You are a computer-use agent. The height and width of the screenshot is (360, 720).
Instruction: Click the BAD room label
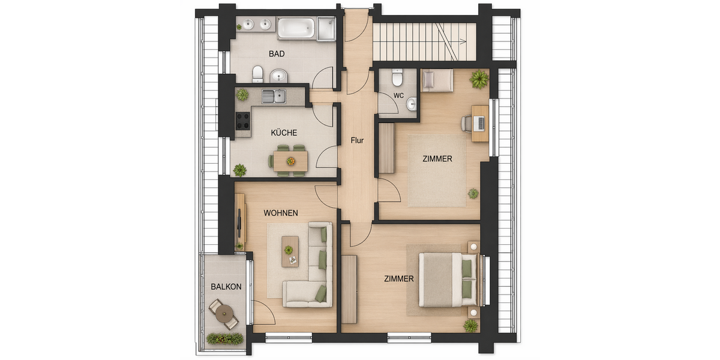tap(277, 53)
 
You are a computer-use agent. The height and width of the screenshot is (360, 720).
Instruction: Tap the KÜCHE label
tap(284, 133)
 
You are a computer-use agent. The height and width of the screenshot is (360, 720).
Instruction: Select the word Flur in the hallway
tap(358, 141)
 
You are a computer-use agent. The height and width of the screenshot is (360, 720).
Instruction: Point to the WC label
tap(398, 95)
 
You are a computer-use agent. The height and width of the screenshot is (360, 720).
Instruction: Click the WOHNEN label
tap(281, 213)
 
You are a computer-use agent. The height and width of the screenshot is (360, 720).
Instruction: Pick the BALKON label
tap(226, 287)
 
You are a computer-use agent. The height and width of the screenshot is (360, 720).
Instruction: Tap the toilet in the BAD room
tap(258, 74)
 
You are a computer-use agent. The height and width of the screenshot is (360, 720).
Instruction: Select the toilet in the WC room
tap(397, 78)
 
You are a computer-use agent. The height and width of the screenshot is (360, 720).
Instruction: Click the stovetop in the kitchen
tap(242, 121)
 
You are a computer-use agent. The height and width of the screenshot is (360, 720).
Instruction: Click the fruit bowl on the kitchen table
tap(291, 161)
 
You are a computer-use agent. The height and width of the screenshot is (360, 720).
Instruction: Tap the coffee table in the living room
tap(290, 251)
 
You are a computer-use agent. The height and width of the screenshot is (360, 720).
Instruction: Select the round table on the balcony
tap(224, 312)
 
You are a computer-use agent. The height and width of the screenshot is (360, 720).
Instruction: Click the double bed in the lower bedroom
tap(447, 280)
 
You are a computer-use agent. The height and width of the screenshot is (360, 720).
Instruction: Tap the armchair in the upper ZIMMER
tap(437, 80)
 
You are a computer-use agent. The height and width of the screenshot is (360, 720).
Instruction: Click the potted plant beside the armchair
tap(479, 79)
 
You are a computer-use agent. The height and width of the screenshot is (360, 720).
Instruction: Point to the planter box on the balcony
tap(225, 339)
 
